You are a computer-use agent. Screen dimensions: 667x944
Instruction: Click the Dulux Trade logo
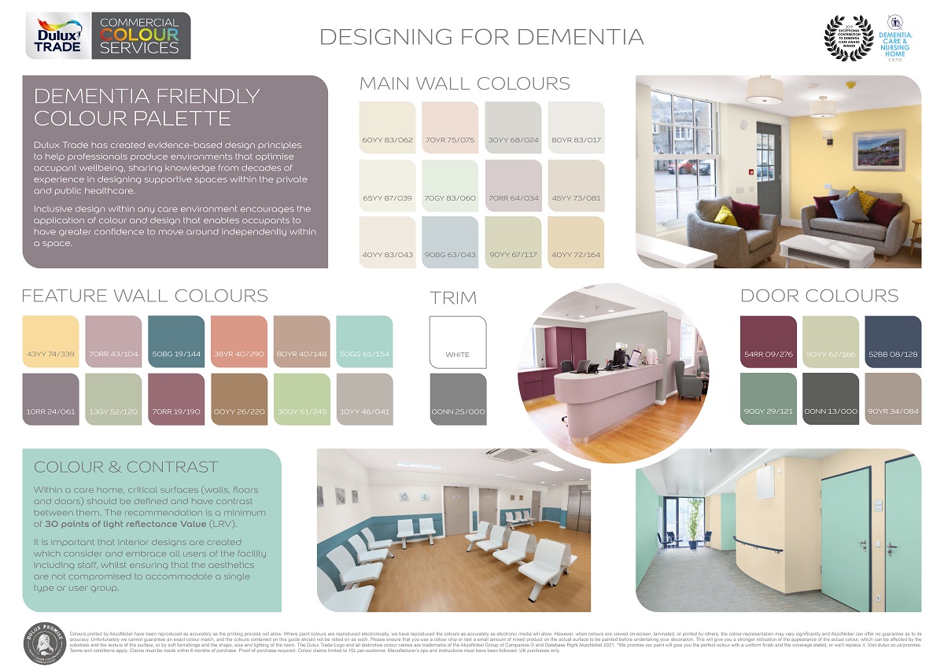click(x=57, y=35)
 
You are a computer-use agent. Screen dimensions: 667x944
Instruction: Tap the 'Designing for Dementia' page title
click(x=481, y=37)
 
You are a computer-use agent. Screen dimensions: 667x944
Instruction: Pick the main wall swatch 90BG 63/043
click(x=450, y=241)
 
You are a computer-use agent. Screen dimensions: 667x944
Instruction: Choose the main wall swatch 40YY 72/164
click(x=576, y=241)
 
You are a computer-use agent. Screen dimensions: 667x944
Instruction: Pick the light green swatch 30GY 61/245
click(x=302, y=398)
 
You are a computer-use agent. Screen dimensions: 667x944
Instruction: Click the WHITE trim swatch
click(x=458, y=341)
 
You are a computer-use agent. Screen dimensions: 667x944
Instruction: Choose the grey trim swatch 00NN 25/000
click(x=458, y=398)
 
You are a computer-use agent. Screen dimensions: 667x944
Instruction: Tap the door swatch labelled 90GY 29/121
click(x=769, y=398)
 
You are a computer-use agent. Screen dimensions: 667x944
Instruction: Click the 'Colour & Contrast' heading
click(x=126, y=466)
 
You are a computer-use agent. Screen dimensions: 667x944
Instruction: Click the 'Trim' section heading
click(x=453, y=297)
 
